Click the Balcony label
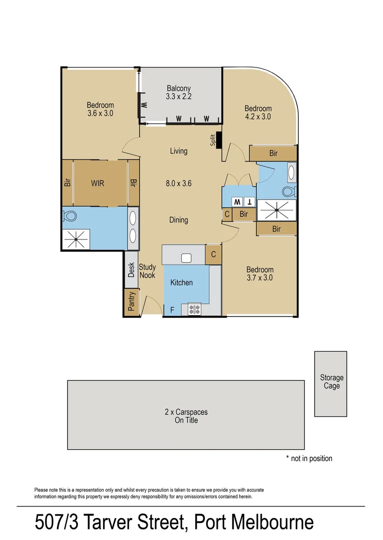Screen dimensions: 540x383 [179, 88]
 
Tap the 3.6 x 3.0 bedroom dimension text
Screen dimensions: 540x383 [100, 113]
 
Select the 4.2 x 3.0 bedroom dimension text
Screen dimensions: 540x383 [258, 117]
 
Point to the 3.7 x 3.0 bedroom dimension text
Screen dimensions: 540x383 [259, 278]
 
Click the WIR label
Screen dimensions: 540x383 [98, 183]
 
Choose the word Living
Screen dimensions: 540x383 [178, 151]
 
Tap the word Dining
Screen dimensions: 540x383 [178, 220]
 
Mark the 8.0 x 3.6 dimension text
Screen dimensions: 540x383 [178, 183]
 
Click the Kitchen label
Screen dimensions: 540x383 [181, 282]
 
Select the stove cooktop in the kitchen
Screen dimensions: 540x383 [194, 309]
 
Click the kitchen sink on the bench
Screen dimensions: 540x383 [186, 258]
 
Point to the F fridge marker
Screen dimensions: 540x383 [172, 310]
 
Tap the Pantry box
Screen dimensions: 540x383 [132, 302]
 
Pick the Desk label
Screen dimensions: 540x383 [132, 270]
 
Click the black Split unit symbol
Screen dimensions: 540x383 [218, 141]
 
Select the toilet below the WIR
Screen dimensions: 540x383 [70, 216]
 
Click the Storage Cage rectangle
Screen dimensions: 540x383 [331, 383]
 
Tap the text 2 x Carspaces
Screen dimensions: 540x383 [186, 412]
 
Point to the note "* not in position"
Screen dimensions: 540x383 [309, 458]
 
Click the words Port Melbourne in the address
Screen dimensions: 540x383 [254, 523]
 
